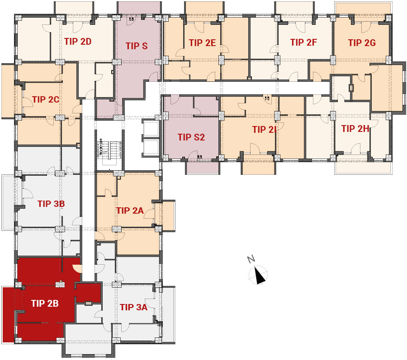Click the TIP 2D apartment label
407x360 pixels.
[x=78, y=42]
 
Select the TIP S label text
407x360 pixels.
[x=137, y=46]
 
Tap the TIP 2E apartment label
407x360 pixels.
[x=203, y=43]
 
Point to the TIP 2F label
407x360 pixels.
[x=304, y=42]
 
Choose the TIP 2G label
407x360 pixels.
[x=362, y=43]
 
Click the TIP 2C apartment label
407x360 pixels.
[x=46, y=99]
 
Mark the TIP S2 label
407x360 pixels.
[x=191, y=137]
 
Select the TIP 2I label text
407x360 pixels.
[x=264, y=129]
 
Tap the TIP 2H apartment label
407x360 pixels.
[x=355, y=129]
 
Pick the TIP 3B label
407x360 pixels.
[x=51, y=204]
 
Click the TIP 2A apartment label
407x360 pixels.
[x=130, y=210]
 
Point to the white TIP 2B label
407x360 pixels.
[x=45, y=303]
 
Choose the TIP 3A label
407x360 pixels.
[x=134, y=307]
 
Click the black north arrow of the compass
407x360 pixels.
[x=260, y=276]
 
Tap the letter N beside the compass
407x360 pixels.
[x=251, y=259]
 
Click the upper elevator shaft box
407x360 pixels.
[x=150, y=128]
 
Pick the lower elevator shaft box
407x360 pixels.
[x=150, y=148]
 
